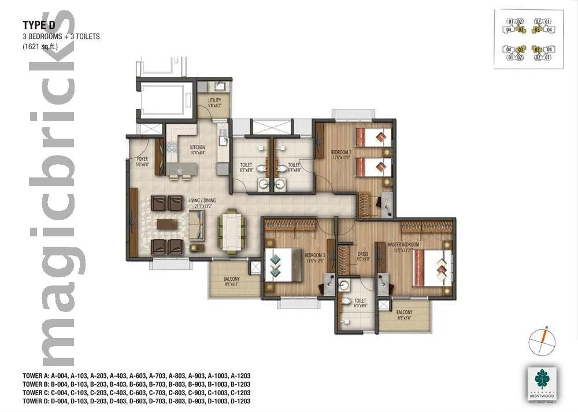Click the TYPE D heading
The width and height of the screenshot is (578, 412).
click(x=38, y=25)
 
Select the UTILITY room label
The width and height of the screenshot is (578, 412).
click(x=214, y=102)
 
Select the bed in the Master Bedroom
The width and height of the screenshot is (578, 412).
click(x=433, y=268)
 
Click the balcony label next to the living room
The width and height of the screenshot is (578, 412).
click(x=231, y=280)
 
